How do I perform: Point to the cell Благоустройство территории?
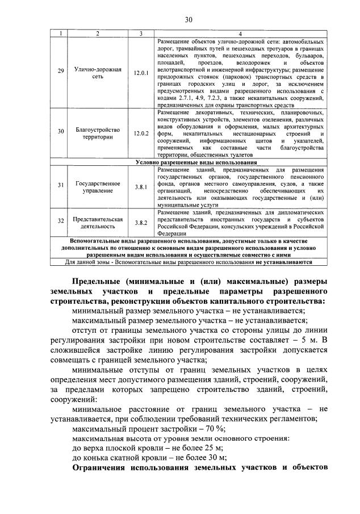pyautogui.click(x=97, y=133)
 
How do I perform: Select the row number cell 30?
pyautogui.click(x=61, y=133)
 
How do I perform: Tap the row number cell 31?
pyautogui.click(x=61, y=187)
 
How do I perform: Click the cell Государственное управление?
pyautogui.click(x=97, y=187)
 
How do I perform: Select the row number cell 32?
pyautogui.click(x=61, y=223)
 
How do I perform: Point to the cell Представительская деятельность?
pyautogui.click(x=97, y=223)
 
